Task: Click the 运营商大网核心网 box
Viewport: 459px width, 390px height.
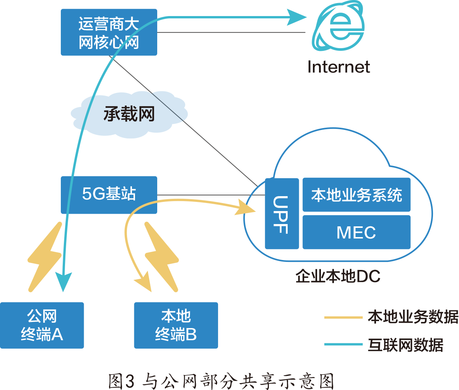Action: [109, 32]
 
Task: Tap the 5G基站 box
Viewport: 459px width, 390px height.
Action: [109, 194]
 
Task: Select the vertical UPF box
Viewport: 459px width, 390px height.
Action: [282, 213]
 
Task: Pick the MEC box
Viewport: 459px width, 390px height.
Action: [356, 232]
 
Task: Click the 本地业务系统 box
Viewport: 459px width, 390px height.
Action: [356, 195]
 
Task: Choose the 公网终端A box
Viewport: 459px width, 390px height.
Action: [42, 325]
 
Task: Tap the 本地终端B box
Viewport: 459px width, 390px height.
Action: [176, 325]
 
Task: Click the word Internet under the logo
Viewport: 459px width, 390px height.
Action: [339, 67]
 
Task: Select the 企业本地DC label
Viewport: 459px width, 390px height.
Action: [338, 276]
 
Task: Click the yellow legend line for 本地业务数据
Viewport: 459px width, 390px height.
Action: [343, 317]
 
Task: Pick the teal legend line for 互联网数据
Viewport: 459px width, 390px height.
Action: [343, 344]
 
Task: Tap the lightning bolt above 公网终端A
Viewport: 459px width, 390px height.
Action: [45, 257]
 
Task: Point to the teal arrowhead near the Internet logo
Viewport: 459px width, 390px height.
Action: [296, 18]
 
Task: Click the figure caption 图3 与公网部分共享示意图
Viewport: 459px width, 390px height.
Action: [221, 381]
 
